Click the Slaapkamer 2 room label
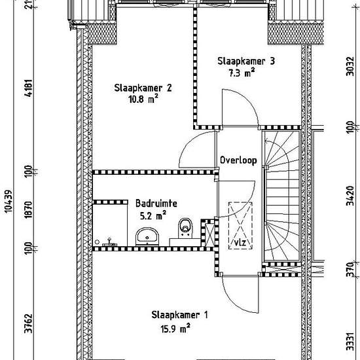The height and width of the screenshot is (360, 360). point(143,88)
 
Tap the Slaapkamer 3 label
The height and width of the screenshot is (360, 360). point(246,62)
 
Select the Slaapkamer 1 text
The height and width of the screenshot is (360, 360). point(179,315)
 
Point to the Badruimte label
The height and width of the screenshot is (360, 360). point(156,204)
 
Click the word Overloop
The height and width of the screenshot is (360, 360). point(238,160)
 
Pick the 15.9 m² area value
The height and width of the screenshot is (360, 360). point(175,329)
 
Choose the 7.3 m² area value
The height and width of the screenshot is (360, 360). point(242,73)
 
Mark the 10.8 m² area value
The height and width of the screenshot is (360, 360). point(143,99)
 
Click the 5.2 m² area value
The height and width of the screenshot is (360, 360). point(153,215)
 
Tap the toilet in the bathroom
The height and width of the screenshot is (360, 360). point(185,227)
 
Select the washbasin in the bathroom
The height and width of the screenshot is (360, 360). point(147,236)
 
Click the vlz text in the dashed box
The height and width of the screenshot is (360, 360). point(240,242)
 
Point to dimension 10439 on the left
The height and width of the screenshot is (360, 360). point(9,202)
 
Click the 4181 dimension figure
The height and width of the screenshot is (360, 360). point(29,88)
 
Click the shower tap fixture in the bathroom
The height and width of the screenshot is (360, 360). point(110,242)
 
